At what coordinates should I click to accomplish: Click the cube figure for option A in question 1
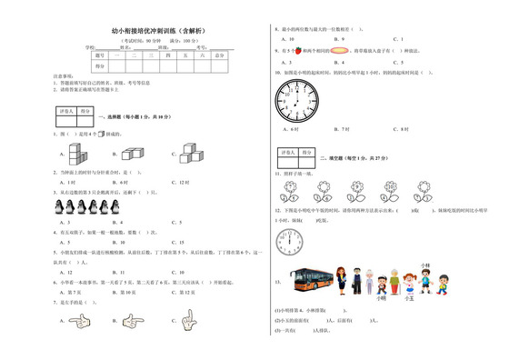point(81,152)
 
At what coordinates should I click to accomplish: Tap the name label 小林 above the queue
point(424,265)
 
